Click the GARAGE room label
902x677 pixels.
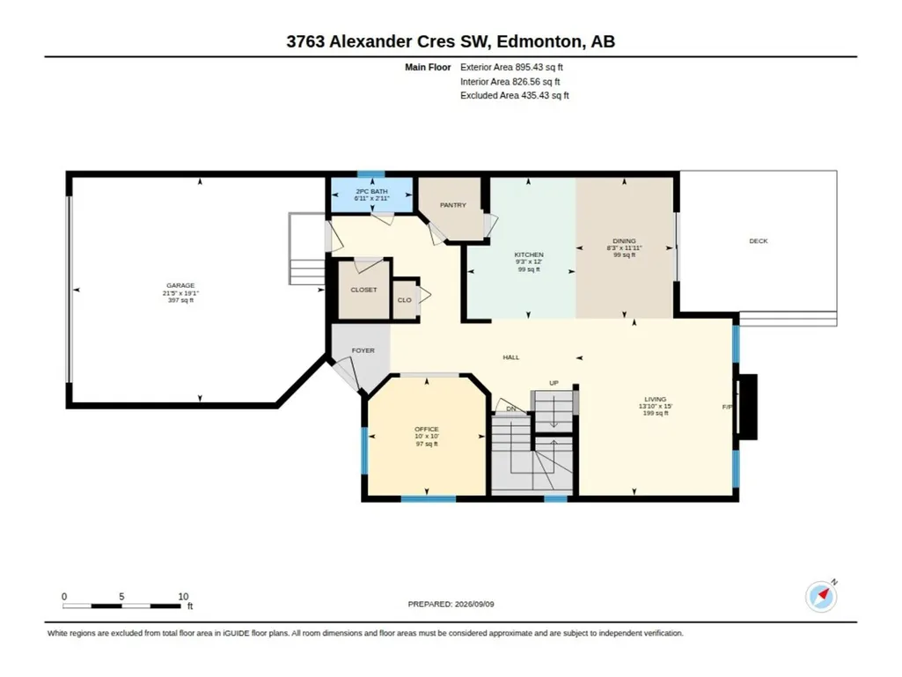[180, 285]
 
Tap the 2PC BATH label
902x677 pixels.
[371, 191]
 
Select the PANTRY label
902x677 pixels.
[452, 205]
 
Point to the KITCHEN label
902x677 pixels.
[529, 254]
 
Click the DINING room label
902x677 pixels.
[624, 240]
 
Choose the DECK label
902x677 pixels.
[759, 241]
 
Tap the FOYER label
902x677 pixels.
[363, 350]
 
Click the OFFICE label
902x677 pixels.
[427, 429]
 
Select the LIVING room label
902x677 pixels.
[656, 399]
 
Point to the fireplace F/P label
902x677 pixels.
[727, 407]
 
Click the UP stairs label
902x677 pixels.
[554, 383]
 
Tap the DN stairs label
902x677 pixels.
[511, 409]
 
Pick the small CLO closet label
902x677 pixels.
[405, 300]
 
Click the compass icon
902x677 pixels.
[821, 597]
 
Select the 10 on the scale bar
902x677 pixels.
[183, 596]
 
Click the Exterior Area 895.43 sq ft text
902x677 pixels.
[511, 68]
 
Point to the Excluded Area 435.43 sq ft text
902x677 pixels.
[514, 96]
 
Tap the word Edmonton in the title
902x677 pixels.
[539, 41]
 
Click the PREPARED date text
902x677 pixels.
[451, 604]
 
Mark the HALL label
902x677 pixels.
[510, 357]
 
